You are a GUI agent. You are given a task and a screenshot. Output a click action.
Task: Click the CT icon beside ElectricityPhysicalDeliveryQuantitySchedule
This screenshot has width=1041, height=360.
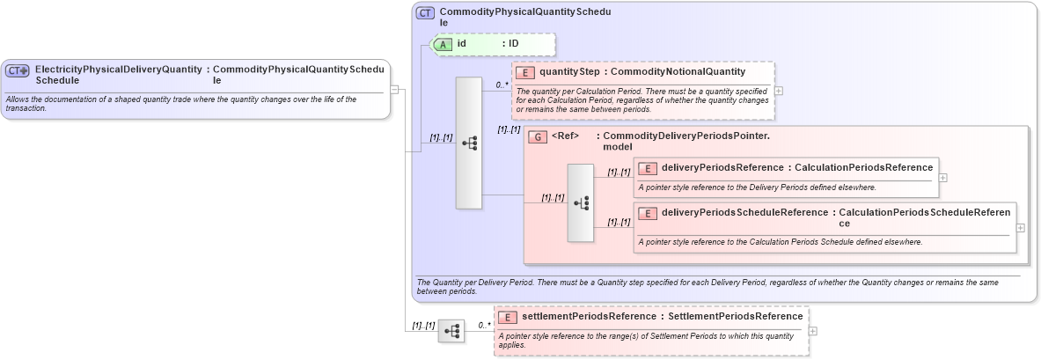(18, 70)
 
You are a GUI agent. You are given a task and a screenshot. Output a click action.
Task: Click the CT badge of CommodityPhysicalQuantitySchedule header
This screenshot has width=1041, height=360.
(425, 13)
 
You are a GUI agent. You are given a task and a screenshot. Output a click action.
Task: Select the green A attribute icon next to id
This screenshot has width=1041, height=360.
(444, 43)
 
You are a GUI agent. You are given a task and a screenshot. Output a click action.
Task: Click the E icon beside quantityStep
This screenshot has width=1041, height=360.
(525, 72)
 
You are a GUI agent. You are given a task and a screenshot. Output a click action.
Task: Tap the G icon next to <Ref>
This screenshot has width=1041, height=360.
(538, 137)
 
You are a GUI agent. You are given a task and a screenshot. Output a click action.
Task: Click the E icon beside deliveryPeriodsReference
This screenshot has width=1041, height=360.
(647, 168)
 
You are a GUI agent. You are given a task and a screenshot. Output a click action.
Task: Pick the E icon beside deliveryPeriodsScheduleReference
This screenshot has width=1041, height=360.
(647, 213)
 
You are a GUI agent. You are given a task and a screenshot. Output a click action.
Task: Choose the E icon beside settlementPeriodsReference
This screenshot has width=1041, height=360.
(507, 317)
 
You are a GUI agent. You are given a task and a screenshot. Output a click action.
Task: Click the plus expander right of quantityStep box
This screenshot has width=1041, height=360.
(778, 91)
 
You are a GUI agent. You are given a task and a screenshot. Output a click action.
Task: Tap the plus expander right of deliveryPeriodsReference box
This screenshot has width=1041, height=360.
(943, 177)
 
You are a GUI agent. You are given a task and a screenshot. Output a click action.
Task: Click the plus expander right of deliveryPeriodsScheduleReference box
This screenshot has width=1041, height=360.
(1021, 227)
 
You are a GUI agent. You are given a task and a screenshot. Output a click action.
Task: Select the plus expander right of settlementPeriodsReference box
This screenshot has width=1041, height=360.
(812, 331)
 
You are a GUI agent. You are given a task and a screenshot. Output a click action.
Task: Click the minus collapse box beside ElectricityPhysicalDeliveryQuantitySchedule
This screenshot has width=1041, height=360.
(395, 89)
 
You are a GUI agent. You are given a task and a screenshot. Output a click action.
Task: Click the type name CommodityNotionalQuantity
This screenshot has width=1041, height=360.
(678, 71)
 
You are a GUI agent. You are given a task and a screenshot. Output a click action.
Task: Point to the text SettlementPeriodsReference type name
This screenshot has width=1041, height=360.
(736, 316)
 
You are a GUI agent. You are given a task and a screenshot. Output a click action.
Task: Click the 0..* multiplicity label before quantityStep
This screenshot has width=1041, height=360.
(502, 85)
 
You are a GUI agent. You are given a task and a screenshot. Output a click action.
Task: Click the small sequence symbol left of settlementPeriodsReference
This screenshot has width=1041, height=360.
(451, 331)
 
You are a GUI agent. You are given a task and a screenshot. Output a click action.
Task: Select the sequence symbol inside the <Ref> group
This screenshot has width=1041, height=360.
(581, 202)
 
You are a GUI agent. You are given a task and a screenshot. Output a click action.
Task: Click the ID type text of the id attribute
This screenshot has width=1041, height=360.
(514, 43)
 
